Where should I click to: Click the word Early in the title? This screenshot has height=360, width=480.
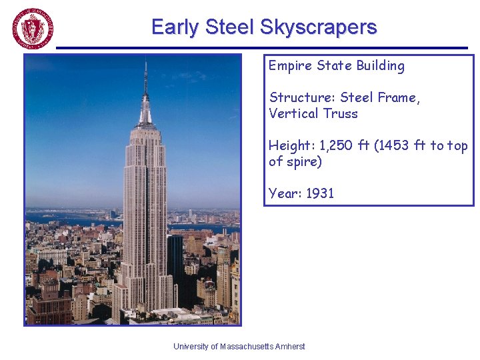pyautogui.click(x=175, y=27)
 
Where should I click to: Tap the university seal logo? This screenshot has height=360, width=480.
pyautogui.click(x=32, y=29)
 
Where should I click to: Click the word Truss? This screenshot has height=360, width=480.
pyautogui.click(x=341, y=113)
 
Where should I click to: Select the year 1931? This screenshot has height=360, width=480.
pyautogui.click(x=320, y=193)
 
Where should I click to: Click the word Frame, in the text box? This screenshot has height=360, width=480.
pyautogui.click(x=399, y=98)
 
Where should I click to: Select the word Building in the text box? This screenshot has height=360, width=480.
pyautogui.click(x=380, y=66)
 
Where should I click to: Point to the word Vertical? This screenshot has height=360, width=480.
pyautogui.click(x=293, y=113)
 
